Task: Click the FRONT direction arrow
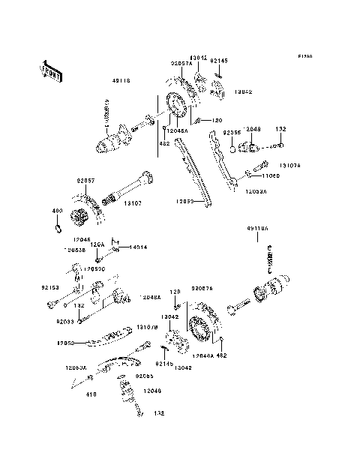[52, 70]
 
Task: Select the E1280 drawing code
[304, 56]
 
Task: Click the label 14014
[140, 246]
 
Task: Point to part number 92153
[49, 286]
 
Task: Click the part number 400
[55, 211]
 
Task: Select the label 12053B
[74, 250]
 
